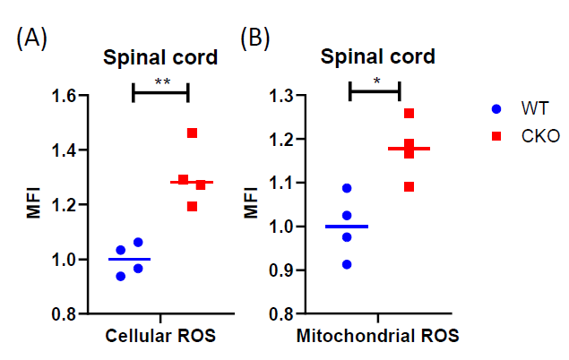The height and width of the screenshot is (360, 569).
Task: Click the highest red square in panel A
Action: [x=192, y=133]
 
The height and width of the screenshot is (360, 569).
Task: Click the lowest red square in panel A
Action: [x=192, y=207]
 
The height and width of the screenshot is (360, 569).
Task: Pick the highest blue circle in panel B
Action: [x=347, y=188]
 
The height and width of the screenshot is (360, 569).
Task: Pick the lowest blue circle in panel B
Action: [x=347, y=264]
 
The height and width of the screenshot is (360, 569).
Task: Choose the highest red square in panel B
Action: [x=410, y=114]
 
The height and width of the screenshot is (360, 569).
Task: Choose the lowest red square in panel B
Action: [x=410, y=186]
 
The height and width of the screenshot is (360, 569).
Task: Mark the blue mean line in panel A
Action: [x=129, y=259]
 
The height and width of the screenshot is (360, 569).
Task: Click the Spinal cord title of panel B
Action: [x=378, y=56]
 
